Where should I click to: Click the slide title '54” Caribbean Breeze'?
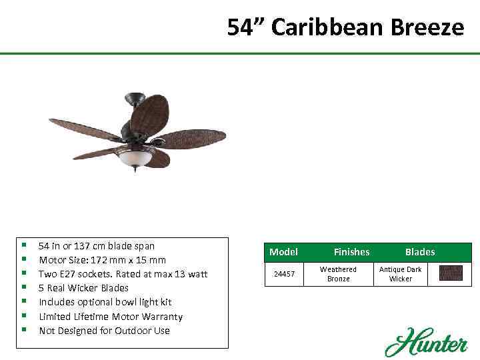tap(345, 27)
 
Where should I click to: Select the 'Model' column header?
tap(283, 252)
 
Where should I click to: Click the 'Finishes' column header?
tap(351, 252)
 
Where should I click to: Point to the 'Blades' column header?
tap(419, 252)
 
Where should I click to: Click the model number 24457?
tap(284, 274)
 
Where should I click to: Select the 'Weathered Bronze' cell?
tap(338, 274)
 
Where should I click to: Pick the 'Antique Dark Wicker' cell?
tap(400, 274)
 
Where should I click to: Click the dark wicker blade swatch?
tap(451, 273)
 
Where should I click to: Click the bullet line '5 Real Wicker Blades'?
tap(83, 288)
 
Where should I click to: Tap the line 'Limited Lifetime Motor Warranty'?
tap(110, 317)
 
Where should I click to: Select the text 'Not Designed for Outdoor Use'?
tap(104, 331)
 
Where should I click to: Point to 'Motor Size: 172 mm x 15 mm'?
tap(102, 260)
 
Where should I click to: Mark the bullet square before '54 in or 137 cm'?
tap(24, 246)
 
